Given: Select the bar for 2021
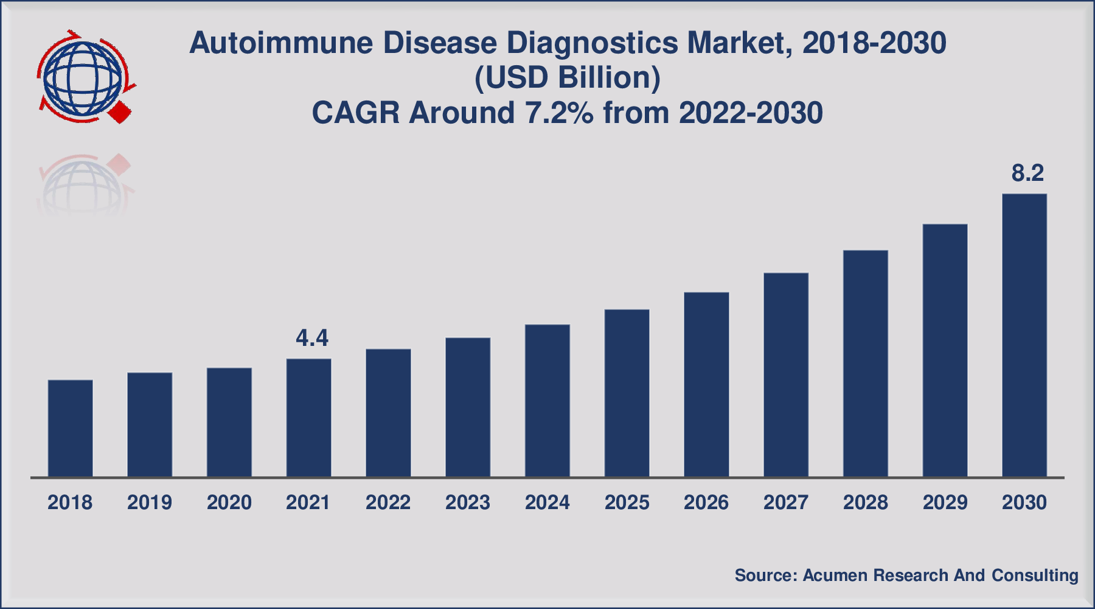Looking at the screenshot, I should [309, 418].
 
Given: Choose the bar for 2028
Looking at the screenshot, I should [866, 364].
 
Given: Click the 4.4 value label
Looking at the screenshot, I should [312, 338].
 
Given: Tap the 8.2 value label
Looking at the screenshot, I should [1027, 173].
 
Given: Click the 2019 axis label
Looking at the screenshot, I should [150, 502].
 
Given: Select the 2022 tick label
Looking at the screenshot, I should [388, 502].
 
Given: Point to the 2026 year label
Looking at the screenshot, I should [706, 502].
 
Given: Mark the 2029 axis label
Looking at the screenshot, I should [945, 502].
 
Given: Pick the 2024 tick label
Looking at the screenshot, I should [547, 502].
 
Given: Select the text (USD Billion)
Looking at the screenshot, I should [567, 79].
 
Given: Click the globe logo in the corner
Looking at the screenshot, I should [83, 78].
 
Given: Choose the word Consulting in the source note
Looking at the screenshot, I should [1035, 576].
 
